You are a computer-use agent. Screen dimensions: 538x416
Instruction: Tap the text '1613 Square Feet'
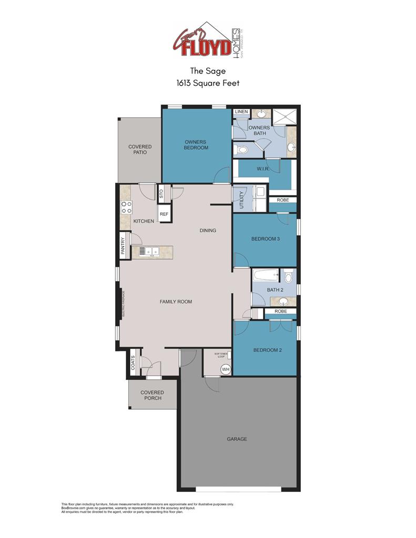tap(208, 83)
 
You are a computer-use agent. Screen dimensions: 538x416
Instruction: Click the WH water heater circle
tap(226, 369)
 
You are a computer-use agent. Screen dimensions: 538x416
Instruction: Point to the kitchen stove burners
tap(126, 207)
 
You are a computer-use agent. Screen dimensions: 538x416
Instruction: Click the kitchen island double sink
tap(146, 251)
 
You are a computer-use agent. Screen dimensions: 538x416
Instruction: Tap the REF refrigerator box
tap(164, 214)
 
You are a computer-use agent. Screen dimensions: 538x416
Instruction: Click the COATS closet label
tap(133, 363)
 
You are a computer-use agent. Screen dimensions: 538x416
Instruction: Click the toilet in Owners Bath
tap(241, 150)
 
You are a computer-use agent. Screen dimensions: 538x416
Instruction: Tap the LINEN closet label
tap(241, 112)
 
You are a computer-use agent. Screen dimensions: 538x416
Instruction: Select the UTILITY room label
tap(242, 200)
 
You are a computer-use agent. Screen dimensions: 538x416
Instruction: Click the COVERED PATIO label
tap(140, 149)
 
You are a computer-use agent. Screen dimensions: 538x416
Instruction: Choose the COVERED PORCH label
tap(152, 395)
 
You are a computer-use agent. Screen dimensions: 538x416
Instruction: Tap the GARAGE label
tap(237, 439)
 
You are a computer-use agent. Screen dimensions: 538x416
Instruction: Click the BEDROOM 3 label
tap(266, 239)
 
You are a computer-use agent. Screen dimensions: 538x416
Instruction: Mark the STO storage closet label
tap(161, 193)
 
